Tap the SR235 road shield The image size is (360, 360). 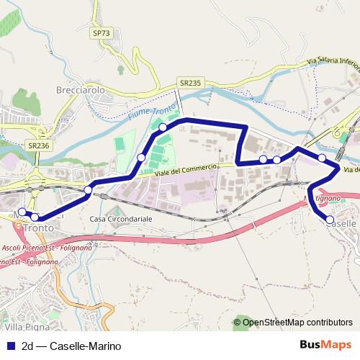190,84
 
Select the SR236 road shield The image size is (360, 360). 38,145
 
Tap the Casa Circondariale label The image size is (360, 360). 117,218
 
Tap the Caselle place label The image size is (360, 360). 341,224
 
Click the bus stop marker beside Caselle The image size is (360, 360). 330,219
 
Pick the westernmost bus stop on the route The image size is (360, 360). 22,212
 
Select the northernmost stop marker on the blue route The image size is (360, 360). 163,127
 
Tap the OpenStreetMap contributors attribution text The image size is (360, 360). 297,323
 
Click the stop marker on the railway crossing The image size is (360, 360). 88,190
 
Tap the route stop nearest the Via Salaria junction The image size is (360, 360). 322,158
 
